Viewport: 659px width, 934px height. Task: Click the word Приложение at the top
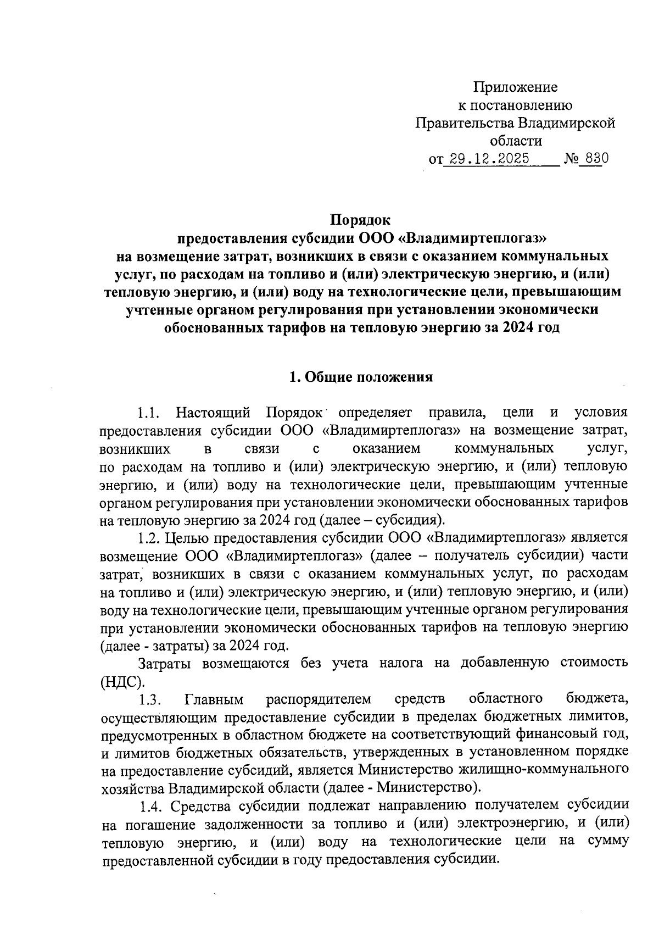tap(515, 87)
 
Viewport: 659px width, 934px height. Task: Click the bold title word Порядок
tap(360, 220)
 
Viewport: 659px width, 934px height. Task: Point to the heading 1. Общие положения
tap(361, 377)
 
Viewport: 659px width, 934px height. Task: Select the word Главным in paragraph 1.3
tap(214, 699)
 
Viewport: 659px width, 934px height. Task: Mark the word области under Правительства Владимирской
tap(515, 141)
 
